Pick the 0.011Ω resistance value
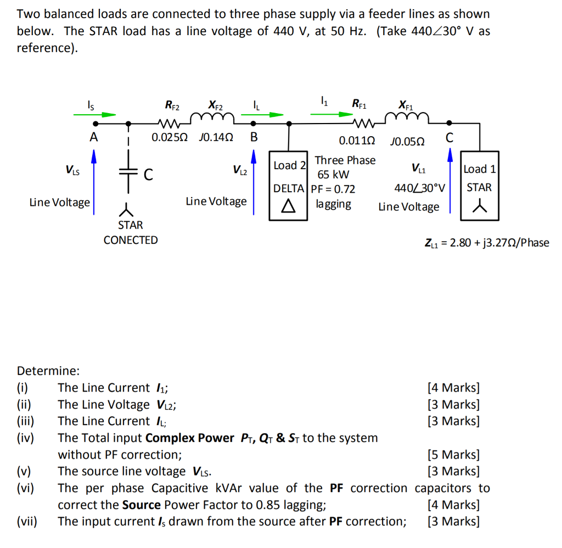(x=357, y=141)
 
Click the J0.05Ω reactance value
(x=406, y=141)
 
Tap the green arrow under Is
(x=95, y=115)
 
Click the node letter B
(x=254, y=137)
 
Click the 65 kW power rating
(x=334, y=175)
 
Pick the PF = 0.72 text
(x=333, y=189)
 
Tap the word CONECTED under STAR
(x=131, y=240)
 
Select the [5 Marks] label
(x=453, y=455)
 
